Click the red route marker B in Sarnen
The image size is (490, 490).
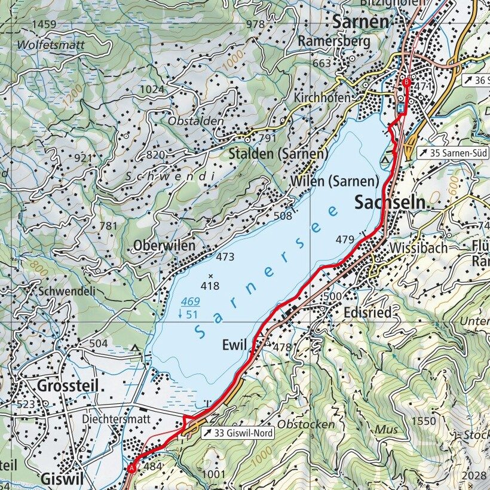[406, 82]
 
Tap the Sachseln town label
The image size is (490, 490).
[392, 203]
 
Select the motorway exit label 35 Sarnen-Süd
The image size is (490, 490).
[453, 153]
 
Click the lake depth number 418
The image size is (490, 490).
[210, 286]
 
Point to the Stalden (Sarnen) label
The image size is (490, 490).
[278, 154]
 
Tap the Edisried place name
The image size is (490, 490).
[367, 313]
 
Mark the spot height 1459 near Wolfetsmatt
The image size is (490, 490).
[44, 24]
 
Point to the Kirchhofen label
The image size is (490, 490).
[321, 97]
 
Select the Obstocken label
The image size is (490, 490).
[307, 424]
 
